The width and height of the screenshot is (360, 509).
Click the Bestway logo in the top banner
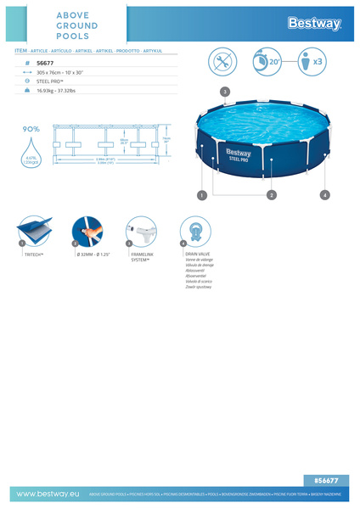click(x=315, y=23)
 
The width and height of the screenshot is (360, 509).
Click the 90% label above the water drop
click(x=31, y=129)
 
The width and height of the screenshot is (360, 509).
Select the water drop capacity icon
click(x=31, y=152)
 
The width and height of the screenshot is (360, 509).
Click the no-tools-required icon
click(x=224, y=62)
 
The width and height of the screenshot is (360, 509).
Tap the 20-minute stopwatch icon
click(x=268, y=62)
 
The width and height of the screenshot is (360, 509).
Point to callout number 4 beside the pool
click(x=324, y=195)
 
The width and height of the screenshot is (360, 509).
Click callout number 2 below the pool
click(x=271, y=195)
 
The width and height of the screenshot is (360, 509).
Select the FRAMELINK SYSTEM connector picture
click(x=141, y=231)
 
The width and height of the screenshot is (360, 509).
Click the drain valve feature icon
click(x=195, y=231)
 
